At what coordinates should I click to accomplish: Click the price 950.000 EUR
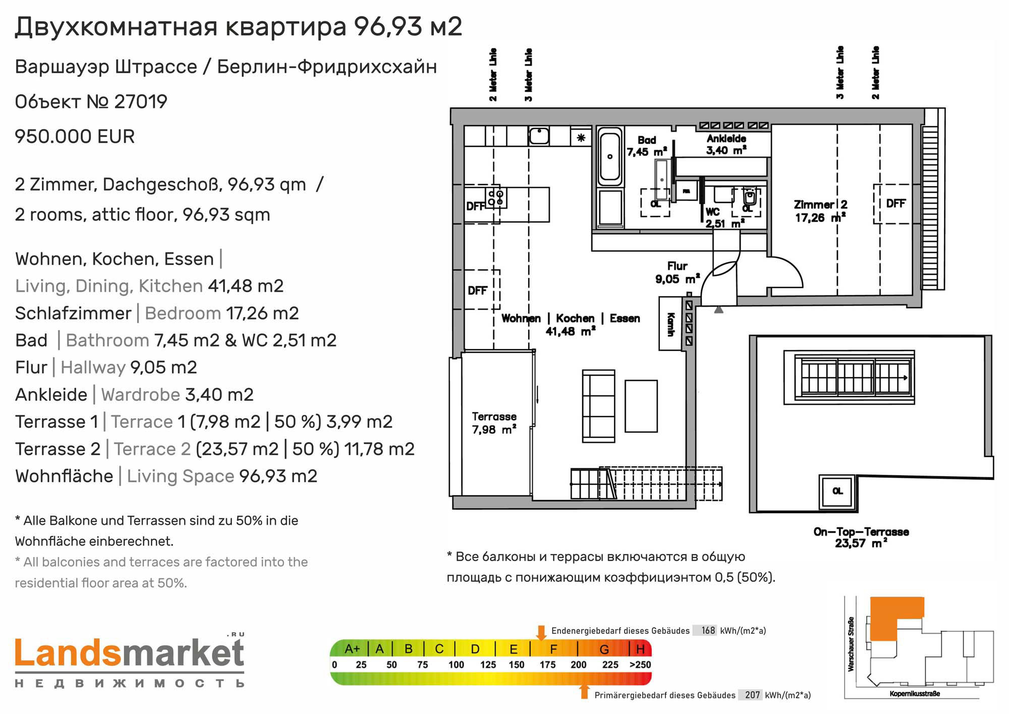pos(75,137)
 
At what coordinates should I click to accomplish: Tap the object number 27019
pos(141,101)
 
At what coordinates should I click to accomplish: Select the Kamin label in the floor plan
pos(671,324)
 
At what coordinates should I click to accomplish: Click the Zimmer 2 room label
pos(820,211)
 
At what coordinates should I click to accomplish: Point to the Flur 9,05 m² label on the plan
pos(678,272)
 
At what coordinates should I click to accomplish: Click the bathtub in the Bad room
pos(610,157)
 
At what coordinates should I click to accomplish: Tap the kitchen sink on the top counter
pos(539,136)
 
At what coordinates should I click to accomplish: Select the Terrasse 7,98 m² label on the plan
pos(494,423)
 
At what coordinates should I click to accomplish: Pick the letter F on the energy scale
pos(553,649)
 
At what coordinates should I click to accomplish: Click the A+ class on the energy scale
pos(352,649)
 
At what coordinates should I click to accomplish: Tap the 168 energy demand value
pos(708,630)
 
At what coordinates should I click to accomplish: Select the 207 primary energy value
pos(752,695)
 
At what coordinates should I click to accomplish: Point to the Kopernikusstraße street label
pos(915,694)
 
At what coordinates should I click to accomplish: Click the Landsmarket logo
pos(130,661)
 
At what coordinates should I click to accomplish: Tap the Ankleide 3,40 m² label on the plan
pos(726,144)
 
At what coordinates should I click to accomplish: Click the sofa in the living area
pos(599,406)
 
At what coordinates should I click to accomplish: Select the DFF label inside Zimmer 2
pos(896,203)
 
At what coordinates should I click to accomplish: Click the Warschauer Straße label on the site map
pos(851,644)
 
